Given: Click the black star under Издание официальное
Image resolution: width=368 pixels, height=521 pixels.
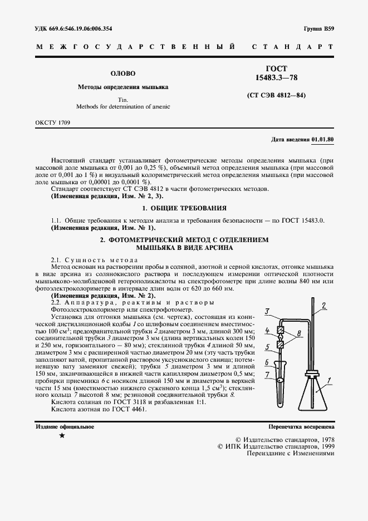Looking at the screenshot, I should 62,436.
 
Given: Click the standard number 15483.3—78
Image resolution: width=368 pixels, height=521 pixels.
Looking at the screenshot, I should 276,77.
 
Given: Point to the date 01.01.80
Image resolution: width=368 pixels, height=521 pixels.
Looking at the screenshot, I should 323,139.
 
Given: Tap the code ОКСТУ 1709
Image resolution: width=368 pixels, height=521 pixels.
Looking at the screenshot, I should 52,121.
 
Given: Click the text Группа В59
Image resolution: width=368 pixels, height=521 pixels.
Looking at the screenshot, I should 319,28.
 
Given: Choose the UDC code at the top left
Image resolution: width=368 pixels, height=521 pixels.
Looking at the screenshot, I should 73,28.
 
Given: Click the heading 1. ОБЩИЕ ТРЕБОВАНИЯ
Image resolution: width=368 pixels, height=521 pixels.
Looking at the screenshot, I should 184,208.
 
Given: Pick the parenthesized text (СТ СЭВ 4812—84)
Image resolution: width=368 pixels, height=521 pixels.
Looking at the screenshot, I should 276,95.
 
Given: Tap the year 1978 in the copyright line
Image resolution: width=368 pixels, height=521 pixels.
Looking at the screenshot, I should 325,439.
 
